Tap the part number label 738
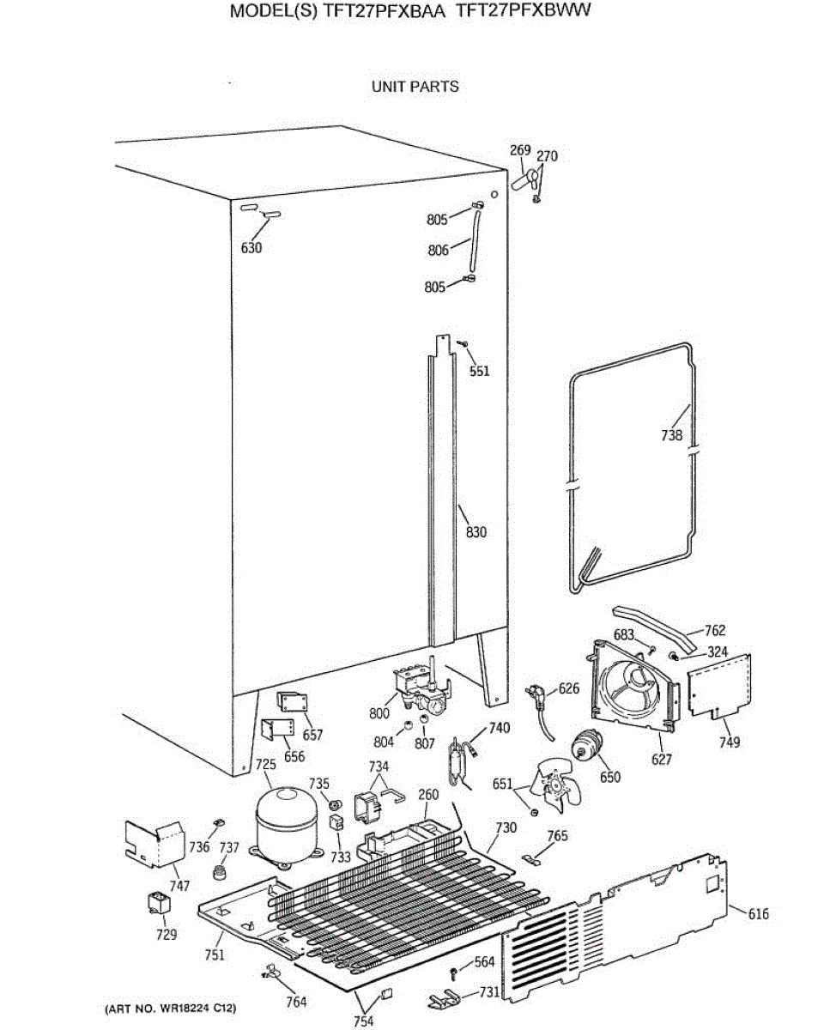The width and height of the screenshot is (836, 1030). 671,435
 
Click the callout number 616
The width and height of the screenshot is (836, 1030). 758,914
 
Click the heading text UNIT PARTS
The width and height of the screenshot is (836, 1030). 415,87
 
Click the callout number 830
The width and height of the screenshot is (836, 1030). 476,532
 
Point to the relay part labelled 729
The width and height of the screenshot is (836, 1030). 158,905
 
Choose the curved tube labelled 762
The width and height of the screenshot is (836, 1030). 652,627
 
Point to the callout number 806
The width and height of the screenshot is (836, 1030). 438,251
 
